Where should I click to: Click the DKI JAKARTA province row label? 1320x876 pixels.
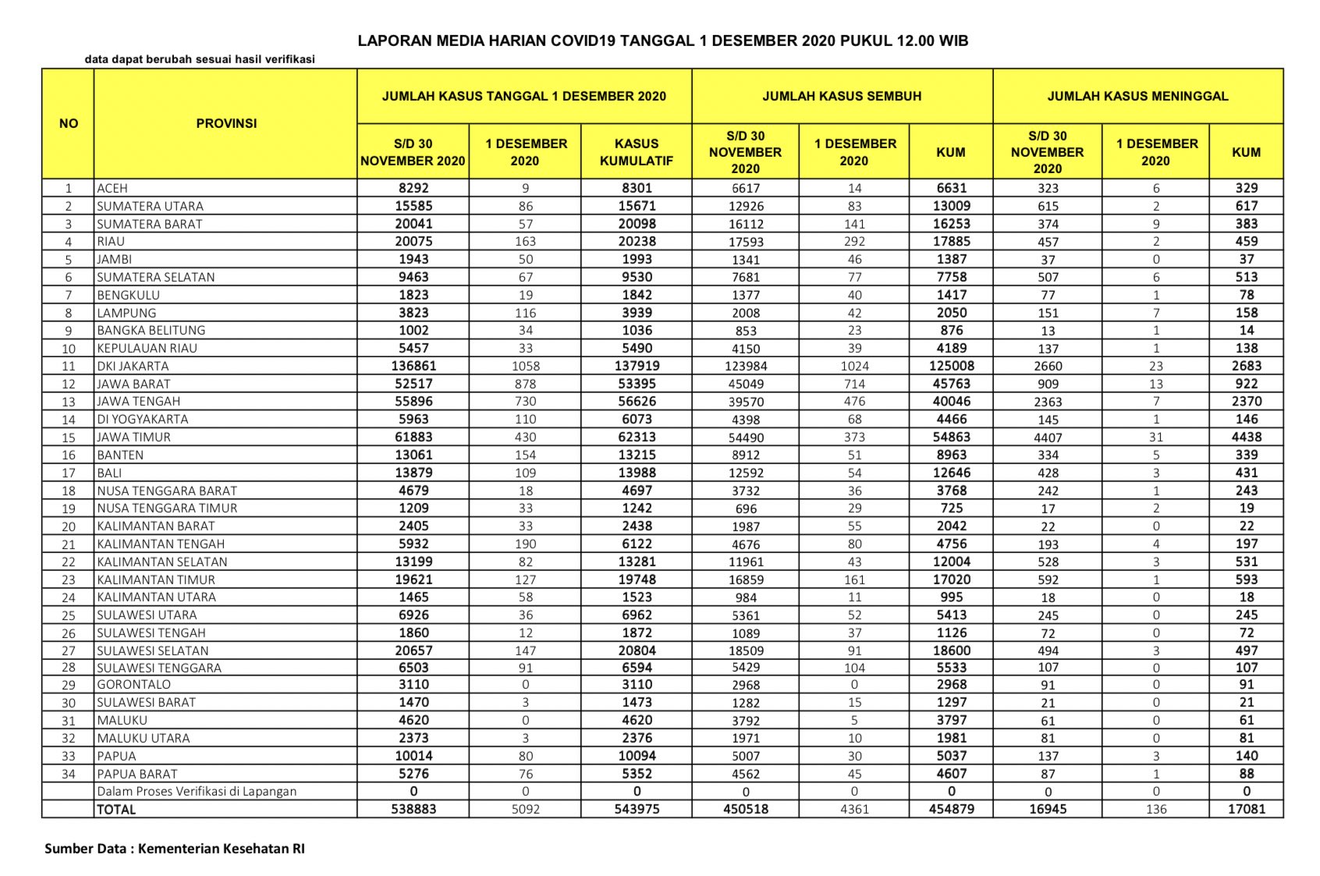[133, 366]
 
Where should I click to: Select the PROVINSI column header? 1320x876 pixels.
[226, 123]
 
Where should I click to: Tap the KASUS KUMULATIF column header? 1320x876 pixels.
[636, 152]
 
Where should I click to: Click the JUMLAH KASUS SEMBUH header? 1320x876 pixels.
[842, 96]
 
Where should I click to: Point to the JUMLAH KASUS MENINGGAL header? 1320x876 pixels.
[1137, 96]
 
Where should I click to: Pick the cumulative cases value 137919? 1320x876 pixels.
[637, 366]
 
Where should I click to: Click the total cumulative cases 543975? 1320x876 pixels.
[637, 809]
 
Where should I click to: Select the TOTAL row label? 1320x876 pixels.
[116, 810]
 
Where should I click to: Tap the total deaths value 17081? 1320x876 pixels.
[1246, 809]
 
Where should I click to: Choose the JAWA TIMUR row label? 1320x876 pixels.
[133, 437]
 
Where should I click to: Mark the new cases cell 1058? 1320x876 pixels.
[525, 366]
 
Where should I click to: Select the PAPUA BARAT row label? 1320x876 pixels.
[137, 774]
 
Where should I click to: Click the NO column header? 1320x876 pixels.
[69, 123]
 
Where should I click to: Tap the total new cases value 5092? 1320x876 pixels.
[525, 809]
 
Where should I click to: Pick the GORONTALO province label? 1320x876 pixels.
[133, 684]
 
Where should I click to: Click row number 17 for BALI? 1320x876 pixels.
[69, 473]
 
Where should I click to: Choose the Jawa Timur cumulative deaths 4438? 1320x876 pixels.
[1246, 437]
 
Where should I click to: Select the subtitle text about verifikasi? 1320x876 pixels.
[200, 59]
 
